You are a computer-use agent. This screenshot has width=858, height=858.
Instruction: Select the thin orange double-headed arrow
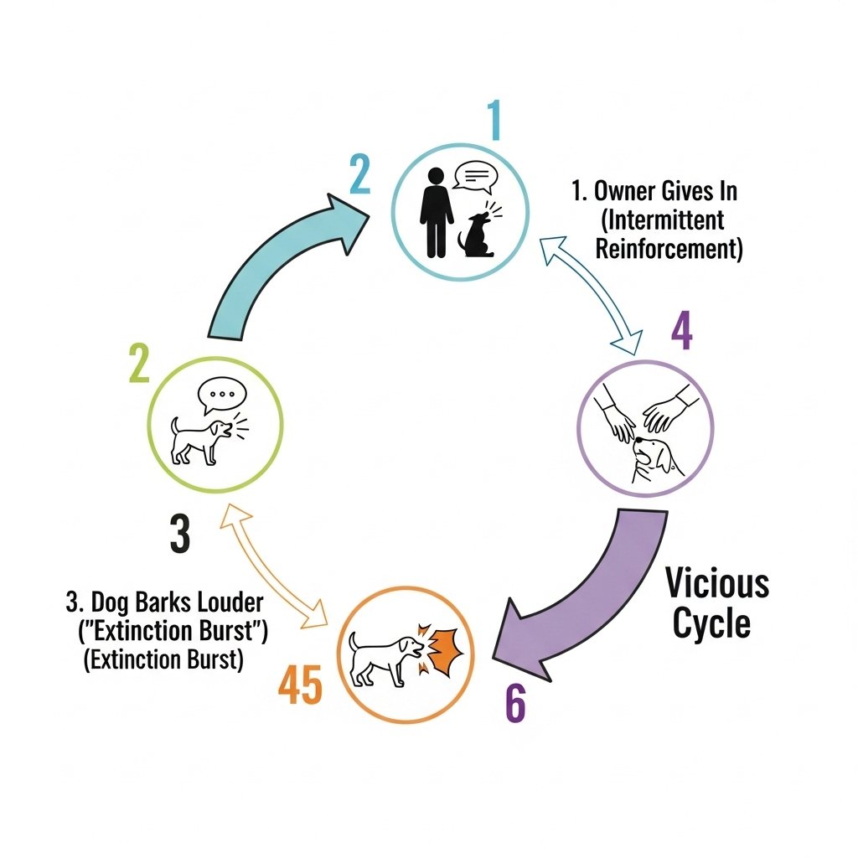click(x=271, y=566)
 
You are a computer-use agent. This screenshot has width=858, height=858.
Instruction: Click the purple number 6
click(x=514, y=705)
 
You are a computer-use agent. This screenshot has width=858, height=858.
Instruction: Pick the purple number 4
click(x=682, y=333)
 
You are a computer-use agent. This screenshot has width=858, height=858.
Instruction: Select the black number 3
click(x=179, y=534)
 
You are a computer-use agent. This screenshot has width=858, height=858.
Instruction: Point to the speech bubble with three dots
click(x=221, y=395)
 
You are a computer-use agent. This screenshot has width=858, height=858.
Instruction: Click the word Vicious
click(x=717, y=583)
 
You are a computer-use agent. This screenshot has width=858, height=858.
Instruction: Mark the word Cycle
click(x=712, y=624)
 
